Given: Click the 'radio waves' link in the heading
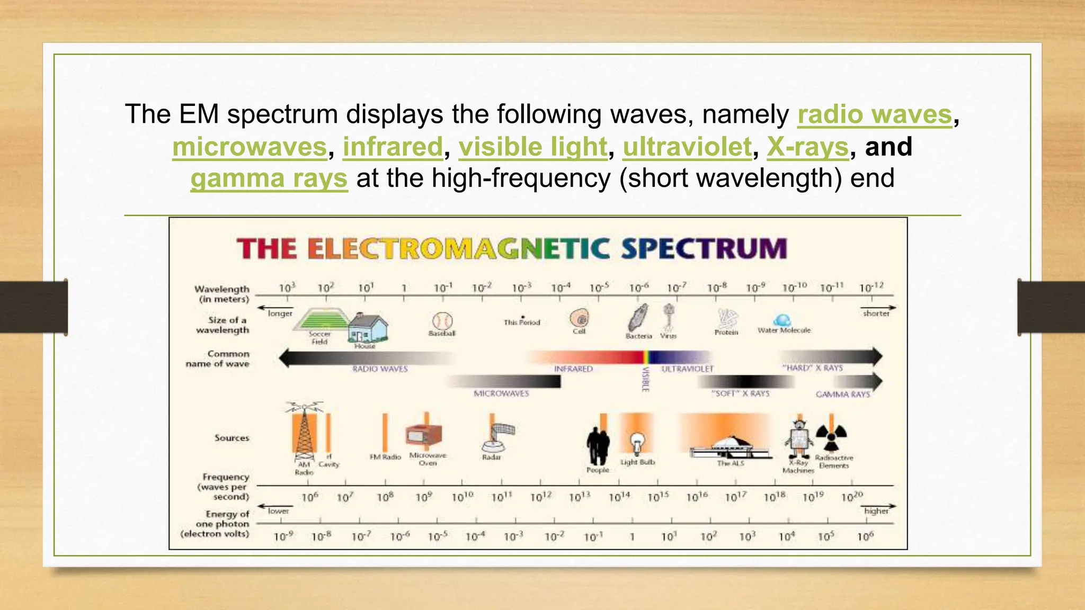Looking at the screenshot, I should (x=875, y=114).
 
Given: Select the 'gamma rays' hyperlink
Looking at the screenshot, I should (x=269, y=178).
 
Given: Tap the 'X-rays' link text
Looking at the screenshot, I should (x=807, y=147).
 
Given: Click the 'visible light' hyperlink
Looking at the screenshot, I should (x=532, y=147).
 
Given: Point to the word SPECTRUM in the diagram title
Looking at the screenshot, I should (x=704, y=248).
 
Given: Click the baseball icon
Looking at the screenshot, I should (x=442, y=321).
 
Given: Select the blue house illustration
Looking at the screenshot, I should (x=367, y=328).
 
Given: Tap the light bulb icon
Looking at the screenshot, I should (x=637, y=442).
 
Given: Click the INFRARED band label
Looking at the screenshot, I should (x=573, y=369).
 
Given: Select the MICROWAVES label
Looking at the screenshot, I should (x=501, y=393).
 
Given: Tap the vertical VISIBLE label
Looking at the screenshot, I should (x=645, y=379).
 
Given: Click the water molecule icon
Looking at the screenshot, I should (x=782, y=320).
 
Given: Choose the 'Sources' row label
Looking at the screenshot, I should (x=232, y=438).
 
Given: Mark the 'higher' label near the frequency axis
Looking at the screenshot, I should (x=876, y=510).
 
